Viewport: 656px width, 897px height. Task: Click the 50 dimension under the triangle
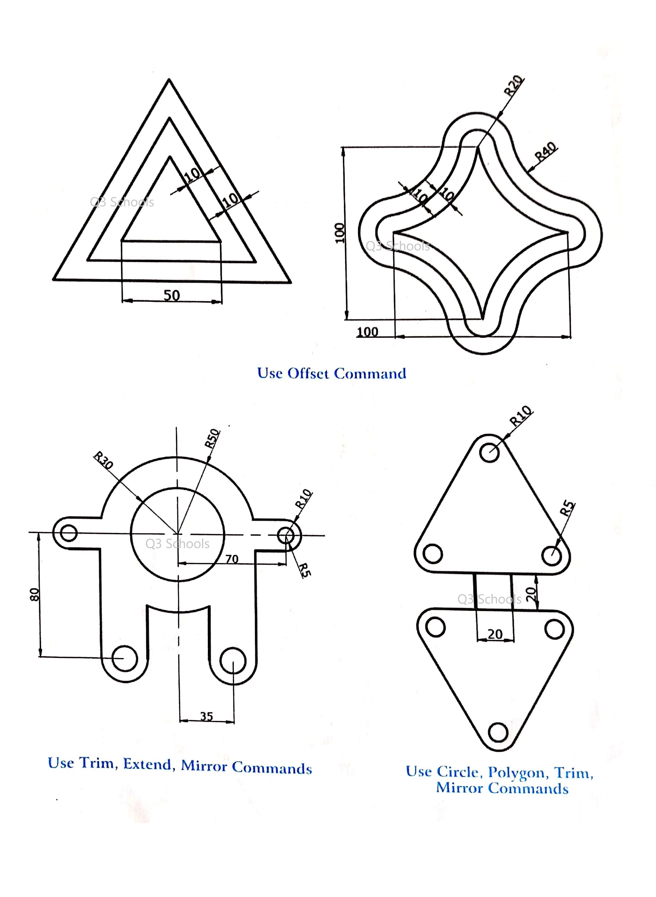[x=172, y=295]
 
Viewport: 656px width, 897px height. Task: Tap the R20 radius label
[x=513, y=85]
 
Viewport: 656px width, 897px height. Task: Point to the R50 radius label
[x=212, y=438]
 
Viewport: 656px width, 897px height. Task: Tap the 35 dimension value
[x=206, y=716]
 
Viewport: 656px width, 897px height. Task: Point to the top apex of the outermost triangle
[x=169, y=79]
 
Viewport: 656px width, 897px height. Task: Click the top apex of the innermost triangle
[x=170, y=157]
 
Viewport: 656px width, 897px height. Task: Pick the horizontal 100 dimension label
[x=367, y=331]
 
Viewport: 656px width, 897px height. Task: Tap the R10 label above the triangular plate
[x=520, y=416]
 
